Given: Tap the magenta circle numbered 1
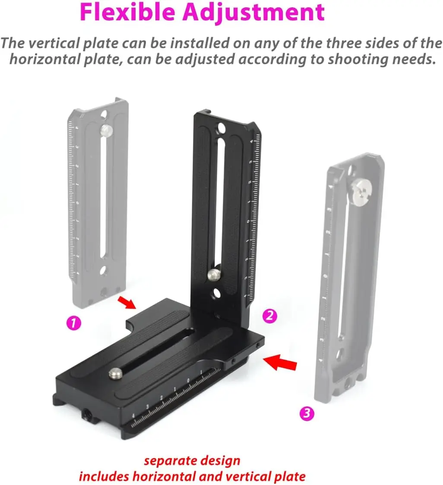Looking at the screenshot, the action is (x=73, y=323).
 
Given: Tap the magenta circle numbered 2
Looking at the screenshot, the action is (x=269, y=316).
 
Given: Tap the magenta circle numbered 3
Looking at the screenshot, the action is (x=307, y=413).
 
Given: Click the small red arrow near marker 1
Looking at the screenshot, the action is (x=127, y=302).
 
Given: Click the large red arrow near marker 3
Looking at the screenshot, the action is (x=280, y=362).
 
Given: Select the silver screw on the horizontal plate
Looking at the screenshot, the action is (x=115, y=374).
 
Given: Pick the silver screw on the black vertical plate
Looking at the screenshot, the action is (x=213, y=273).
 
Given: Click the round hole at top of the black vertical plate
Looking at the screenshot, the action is (x=221, y=127).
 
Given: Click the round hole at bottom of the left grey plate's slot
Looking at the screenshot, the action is (x=104, y=271).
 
